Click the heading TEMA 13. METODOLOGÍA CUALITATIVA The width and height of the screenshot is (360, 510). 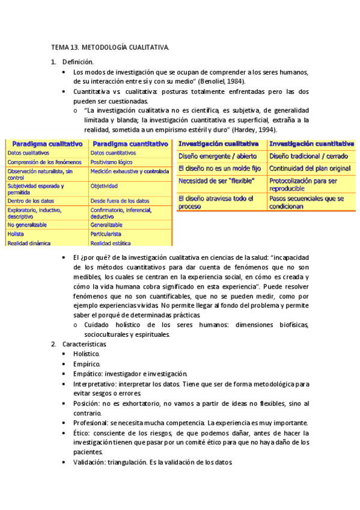tap(109, 47)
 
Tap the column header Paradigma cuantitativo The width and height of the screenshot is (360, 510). tap(130, 144)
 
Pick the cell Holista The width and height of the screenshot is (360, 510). tap(16, 233)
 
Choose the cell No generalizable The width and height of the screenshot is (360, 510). tap(27, 224)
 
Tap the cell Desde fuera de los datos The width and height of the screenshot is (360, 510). tap(120, 200)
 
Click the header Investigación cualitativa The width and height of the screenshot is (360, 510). tap(219, 144)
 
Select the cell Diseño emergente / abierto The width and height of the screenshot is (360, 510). tap(217, 156)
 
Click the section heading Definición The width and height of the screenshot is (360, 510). tap(78, 61)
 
